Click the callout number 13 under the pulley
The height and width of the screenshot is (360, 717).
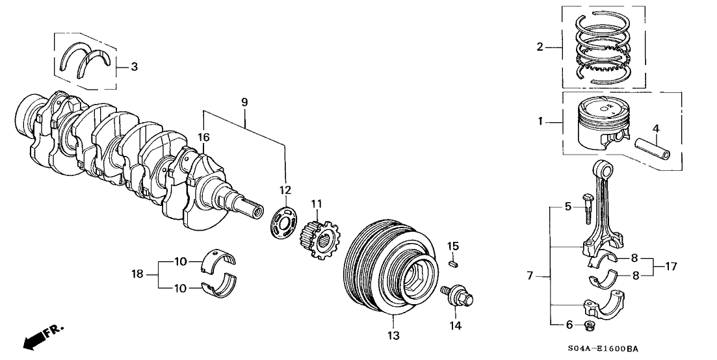tap(394, 336)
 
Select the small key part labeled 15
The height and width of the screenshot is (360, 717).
tap(454, 263)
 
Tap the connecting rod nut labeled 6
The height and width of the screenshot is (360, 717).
tap(590, 325)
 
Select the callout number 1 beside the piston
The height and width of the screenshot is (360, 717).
tap(539, 121)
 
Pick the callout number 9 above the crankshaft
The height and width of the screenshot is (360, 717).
tap(244, 102)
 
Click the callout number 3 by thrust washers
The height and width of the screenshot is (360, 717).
tap(134, 66)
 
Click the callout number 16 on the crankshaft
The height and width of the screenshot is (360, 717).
tap(203, 137)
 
